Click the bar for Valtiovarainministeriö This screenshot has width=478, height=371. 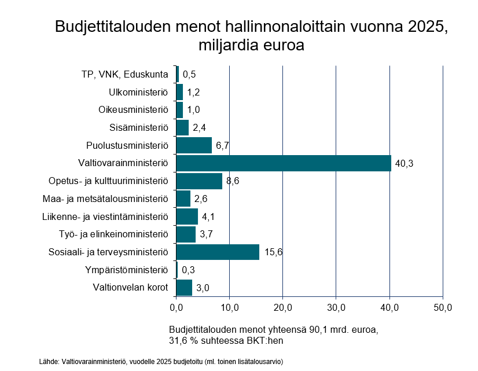pos(284,163)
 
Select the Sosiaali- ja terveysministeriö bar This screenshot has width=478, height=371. pos(218,252)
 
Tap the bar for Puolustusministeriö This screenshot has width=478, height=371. pos(194,145)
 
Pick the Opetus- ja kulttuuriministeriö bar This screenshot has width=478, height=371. pos(199,181)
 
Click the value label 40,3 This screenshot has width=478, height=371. pos(404,164)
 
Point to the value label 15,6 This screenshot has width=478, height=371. pos(273,252)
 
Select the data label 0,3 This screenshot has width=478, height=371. pos(188,270)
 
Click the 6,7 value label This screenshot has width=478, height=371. pos(223,146)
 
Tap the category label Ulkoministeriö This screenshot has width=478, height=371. pos(138,92)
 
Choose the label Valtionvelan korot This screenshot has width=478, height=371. pos(130,288)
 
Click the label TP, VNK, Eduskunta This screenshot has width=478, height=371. pos(125,75)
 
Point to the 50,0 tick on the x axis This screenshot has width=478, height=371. pos(443,306)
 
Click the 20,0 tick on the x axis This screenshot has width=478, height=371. pos(282,306)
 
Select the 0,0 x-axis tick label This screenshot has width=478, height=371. pos(176,306)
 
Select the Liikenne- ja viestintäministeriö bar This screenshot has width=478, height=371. pos(187,216)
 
